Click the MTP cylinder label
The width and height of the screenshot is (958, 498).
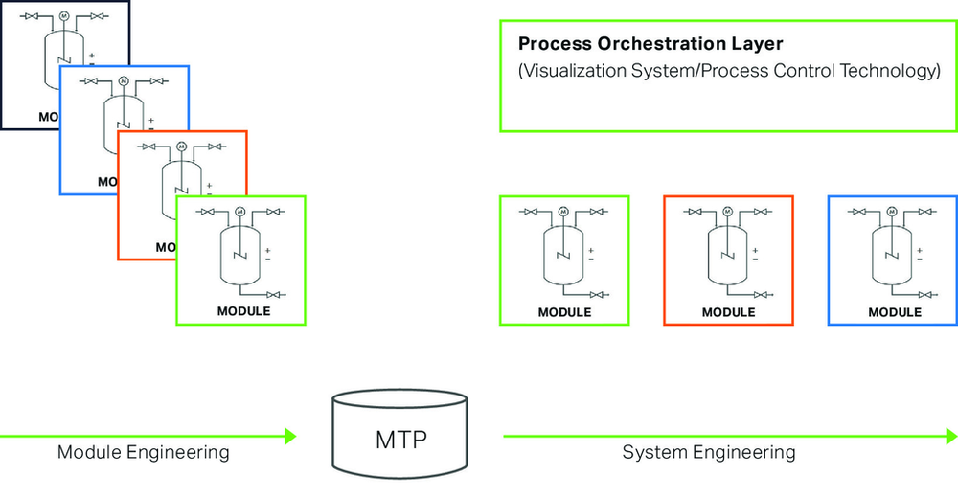click(x=400, y=440)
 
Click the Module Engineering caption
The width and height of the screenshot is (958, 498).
click(x=144, y=452)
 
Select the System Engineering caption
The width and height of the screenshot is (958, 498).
click(x=709, y=452)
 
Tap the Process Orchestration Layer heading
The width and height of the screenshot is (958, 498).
click(x=650, y=44)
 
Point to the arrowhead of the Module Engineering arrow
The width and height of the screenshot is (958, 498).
click(x=290, y=437)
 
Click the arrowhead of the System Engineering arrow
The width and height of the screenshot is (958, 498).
click(x=952, y=437)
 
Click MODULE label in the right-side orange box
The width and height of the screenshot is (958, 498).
click(x=728, y=312)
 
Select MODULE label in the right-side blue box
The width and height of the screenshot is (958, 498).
click(x=895, y=312)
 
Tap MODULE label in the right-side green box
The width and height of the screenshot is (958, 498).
click(x=564, y=312)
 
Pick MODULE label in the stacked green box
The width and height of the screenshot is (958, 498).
click(x=243, y=311)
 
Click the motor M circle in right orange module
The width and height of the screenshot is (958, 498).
click(x=728, y=212)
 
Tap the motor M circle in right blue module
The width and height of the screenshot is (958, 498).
click(x=892, y=212)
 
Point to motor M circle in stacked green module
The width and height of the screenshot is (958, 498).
click(x=240, y=212)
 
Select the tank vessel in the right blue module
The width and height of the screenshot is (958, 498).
click(x=892, y=256)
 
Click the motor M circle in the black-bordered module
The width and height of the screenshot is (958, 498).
click(x=64, y=16)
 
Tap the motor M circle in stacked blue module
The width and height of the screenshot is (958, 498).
click(x=124, y=80)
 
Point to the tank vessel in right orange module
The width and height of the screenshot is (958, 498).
click(x=728, y=256)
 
